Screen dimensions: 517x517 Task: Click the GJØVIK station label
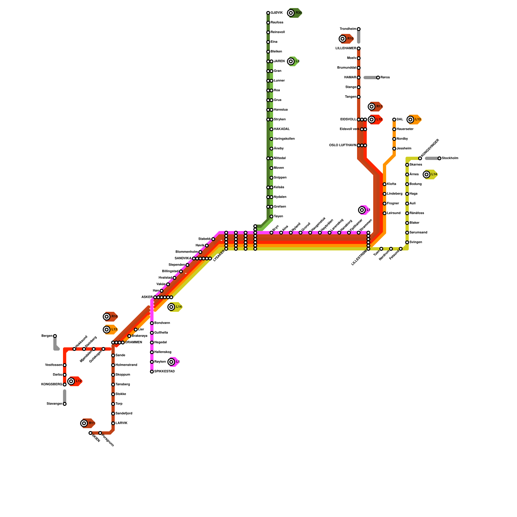click(x=277, y=13)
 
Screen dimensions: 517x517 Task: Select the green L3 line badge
click(x=294, y=61)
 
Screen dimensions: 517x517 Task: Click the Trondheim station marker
click(x=359, y=29)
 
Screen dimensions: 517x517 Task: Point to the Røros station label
click(x=385, y=78)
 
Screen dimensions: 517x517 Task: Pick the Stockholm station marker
click(x=439, y=158)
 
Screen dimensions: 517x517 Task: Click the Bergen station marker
click(x=55, y=336)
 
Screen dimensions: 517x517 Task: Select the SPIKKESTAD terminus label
click(x=164, y=372)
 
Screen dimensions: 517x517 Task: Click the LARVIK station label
click(x=121, y=423)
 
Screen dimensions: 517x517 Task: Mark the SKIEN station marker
click(x=90, y=433)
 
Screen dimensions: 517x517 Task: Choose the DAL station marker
click(x=394, y=120)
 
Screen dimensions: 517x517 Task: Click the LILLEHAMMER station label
click(x=346, y=48)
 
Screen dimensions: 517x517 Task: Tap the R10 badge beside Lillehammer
click(x=347, y=39)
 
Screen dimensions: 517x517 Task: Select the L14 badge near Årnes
click(x=430, y=174)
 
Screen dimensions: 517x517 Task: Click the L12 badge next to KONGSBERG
click(x=75, y=381)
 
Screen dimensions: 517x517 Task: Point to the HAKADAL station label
click(x=282, y=129)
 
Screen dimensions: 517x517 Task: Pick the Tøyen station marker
click(x=271, y=216)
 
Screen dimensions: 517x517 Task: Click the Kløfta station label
click(x=392, y=184)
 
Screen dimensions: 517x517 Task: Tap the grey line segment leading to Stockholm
click(x=432, y=158)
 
